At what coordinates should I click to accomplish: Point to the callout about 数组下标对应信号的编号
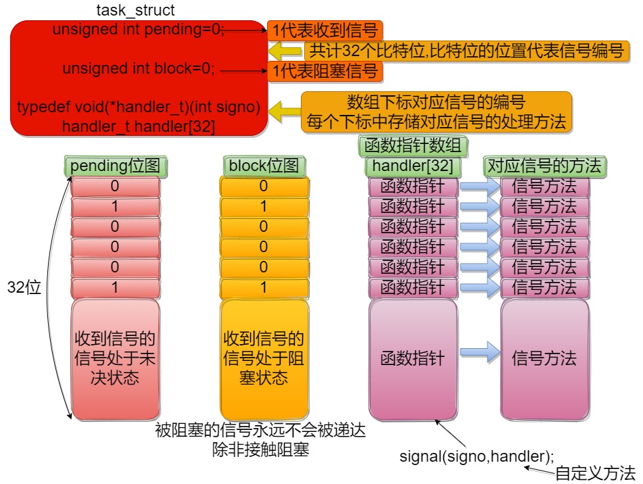(436, 112)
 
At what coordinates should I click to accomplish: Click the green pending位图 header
(116, 166)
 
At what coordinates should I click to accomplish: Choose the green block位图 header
(264, 166)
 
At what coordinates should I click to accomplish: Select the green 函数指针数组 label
(412, 145)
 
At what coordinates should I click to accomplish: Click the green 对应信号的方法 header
(544, 166)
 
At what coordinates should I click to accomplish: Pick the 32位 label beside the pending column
(24, 287)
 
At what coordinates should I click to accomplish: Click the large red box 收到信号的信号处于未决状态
(115, 358)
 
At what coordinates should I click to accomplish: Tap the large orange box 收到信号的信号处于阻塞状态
(264, 358)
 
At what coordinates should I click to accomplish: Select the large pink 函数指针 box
(413, 358)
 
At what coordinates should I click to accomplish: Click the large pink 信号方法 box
(544, 358)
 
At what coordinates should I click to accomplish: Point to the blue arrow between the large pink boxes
(479, 352)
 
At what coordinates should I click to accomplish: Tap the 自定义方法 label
(596, 473)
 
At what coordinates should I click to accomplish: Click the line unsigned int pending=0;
(139, 30)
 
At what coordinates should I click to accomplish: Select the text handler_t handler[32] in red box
(139, 126)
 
